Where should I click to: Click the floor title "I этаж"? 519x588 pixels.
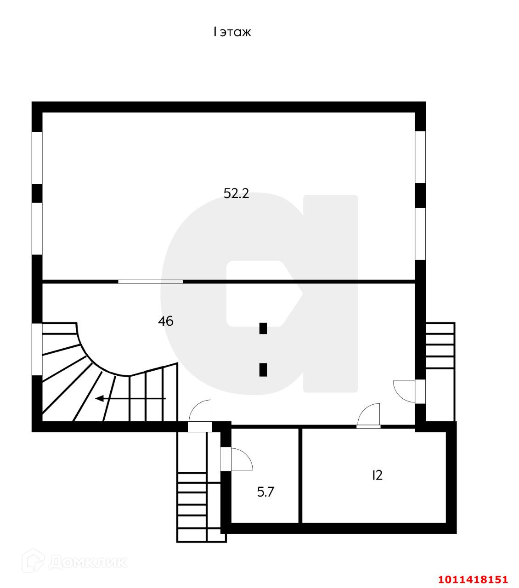point(231,32)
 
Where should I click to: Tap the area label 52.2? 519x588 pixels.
point(236,194)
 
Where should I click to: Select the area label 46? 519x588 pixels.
point(165,321)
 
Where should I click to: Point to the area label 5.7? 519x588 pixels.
point(265,492)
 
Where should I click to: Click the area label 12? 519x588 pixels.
point(377,475)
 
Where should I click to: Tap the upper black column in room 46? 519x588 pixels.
point(263,328)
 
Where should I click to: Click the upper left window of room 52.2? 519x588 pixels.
point(37,158)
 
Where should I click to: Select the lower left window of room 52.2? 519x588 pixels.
point(37,229)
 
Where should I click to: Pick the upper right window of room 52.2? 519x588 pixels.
point(420,157)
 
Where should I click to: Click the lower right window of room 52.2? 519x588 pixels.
point(420,234)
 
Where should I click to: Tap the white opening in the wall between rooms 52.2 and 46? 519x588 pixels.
point(150,281)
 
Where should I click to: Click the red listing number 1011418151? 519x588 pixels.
point(473,579)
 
